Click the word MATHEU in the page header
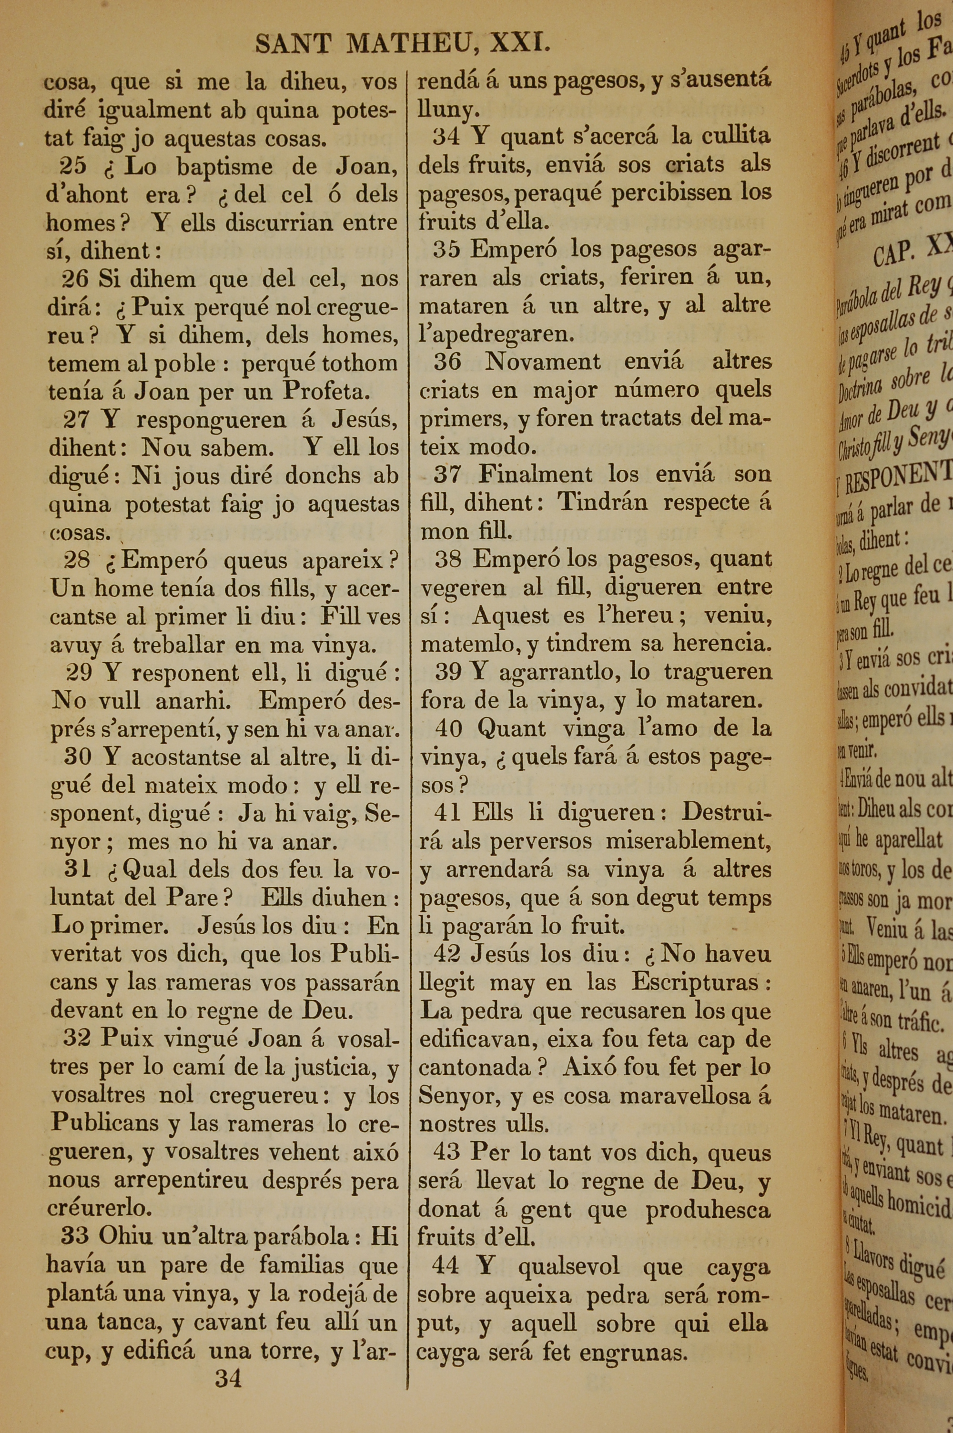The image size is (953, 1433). (407, 44)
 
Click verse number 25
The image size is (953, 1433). (73, 166)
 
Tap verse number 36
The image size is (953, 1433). (447, 362)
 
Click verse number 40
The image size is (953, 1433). (448, 728)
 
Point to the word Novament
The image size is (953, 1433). (542, 362)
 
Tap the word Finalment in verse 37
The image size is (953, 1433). (535, 474)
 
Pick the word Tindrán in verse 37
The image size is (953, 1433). (602, 503)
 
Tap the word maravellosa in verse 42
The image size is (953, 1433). (688, 1097)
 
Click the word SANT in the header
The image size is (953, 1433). (293, 44)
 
